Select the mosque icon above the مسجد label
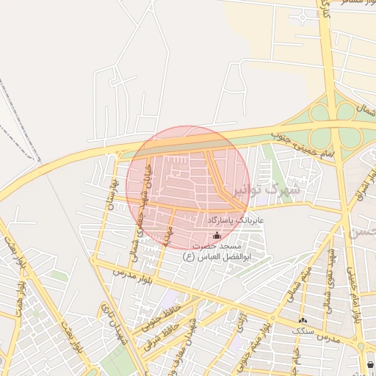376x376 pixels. pyautogui.click(x=216, y=236)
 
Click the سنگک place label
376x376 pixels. pyautogui.click(x=303, y=332)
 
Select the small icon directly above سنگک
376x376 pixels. pyautogui.click(x=303, y=321)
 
